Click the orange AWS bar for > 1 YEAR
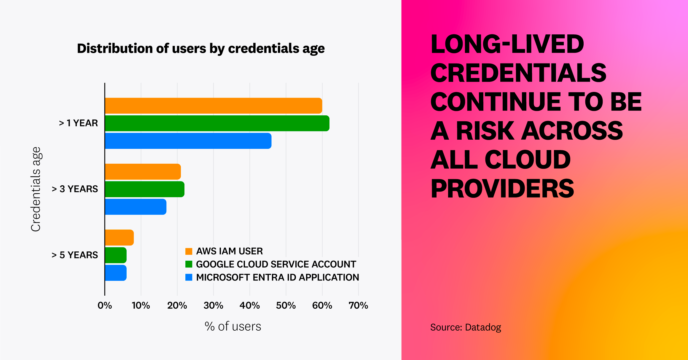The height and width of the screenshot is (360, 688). (x=214, y=106)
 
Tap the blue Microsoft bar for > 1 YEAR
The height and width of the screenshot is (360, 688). (x=188, y=141)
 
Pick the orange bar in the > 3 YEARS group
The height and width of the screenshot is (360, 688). (x=143, y=172)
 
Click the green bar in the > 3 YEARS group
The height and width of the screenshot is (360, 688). (x=145, y=189)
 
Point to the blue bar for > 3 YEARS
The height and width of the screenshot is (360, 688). (x=136, y=207)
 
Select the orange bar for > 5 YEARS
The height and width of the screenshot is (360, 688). (x=119, y=238)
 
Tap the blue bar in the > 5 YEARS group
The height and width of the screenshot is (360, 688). (x=116, y=273)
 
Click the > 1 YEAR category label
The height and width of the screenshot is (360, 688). (x=78, y=123)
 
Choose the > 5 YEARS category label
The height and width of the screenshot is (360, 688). (x=75, y=255)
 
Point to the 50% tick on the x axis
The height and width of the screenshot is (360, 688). (x=286, y=305)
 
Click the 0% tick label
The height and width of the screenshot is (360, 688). (x=105, y=305)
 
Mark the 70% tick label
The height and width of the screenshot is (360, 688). (x=358, y=305)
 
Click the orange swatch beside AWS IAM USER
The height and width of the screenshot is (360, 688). (x=189, y=251)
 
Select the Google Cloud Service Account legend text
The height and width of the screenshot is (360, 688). (x=276, y=264)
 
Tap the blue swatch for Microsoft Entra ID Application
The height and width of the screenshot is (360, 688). (x=189, y=277)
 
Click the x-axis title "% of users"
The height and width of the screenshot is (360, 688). (x=233, y=326)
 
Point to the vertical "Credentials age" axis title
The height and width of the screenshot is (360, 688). (x=36, y=189)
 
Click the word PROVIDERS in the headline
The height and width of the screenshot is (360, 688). (x=502, y=189)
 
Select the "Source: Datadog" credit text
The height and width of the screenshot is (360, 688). (x=466, y=327)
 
